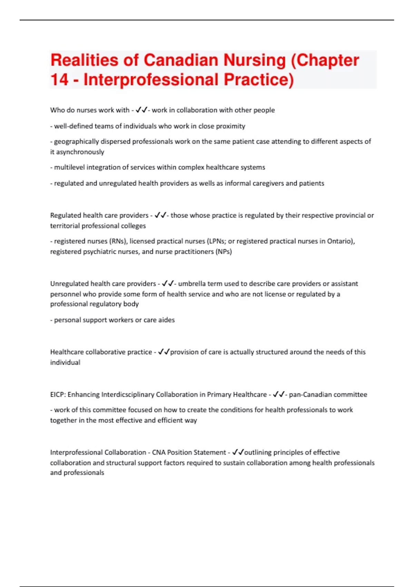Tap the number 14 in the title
(x=59, y=79)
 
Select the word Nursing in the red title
(x=255, y=60)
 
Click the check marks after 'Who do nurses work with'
(x=141, y=110)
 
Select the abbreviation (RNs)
(x=118, y=241)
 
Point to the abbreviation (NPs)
(x=224, y=252)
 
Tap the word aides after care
(x=166, y=320)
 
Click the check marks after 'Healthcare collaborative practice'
(x=164, y=352)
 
